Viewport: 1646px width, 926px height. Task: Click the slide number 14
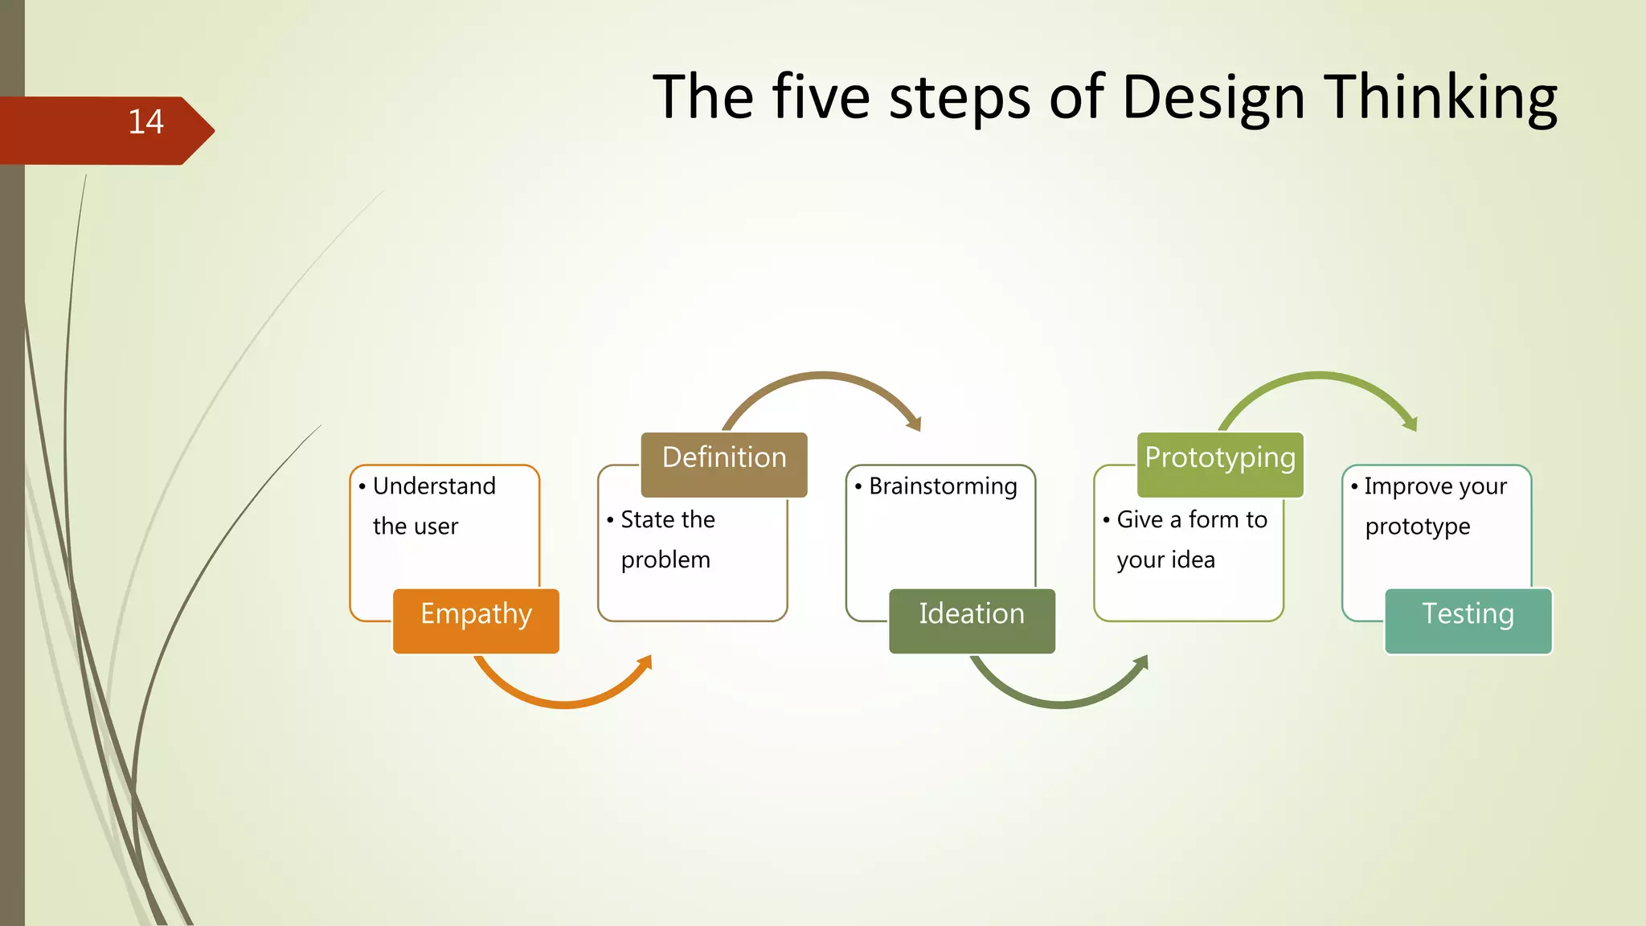point(145,122)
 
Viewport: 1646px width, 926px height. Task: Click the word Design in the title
point(1213,98)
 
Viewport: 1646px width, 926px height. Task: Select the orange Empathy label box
point(476,621)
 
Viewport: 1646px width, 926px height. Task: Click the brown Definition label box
point(724,464)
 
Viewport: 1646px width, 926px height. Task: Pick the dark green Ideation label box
point(972,621)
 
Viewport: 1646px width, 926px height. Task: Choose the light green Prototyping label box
point(1220,464)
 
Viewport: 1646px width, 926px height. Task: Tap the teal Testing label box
point(1468,621)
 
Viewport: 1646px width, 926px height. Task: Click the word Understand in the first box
point(434,486)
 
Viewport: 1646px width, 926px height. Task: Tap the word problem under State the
point(665,559)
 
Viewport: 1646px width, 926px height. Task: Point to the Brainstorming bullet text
point(943,486)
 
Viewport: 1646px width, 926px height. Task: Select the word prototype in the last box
point(1418,527)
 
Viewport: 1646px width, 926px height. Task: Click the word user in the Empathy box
point(437,527)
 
